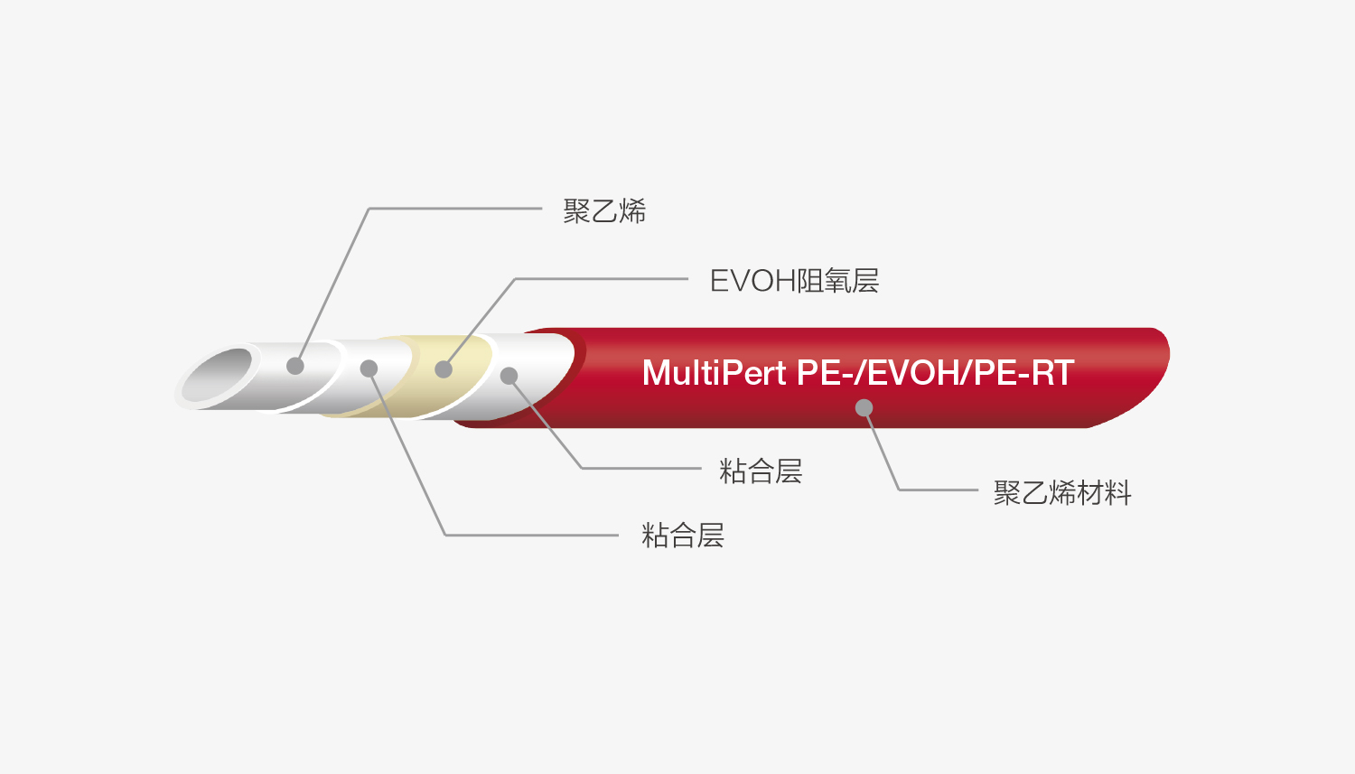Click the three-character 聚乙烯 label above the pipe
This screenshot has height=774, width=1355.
point(604,211)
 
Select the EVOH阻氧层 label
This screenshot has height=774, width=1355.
point(794,281)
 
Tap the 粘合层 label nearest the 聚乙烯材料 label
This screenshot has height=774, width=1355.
point(761,471)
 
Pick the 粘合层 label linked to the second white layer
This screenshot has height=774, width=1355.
point(682,536)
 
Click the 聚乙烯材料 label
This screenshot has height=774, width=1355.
point(1062,493)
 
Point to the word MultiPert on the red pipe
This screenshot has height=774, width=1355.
point(715,373)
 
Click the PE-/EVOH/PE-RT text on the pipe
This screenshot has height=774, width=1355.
point(935,372)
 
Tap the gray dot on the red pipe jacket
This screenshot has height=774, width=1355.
point(864,407)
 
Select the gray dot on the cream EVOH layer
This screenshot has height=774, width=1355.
point(444,368)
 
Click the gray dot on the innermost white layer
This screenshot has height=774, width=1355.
point(295,365)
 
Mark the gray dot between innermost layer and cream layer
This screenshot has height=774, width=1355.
point(369,368)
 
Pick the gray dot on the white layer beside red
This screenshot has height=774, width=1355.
point(509,376)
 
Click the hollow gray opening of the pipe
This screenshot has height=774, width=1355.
point(217,375)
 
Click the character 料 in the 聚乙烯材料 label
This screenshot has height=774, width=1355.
point(1118,493)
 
